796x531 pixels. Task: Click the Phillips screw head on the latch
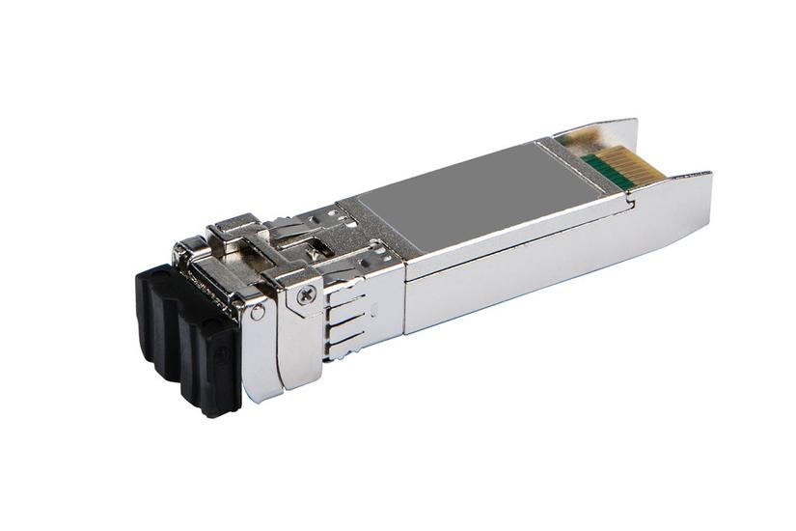coord(306,296)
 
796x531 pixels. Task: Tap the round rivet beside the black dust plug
coord(258,313)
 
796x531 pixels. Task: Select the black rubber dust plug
coord(188,333)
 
